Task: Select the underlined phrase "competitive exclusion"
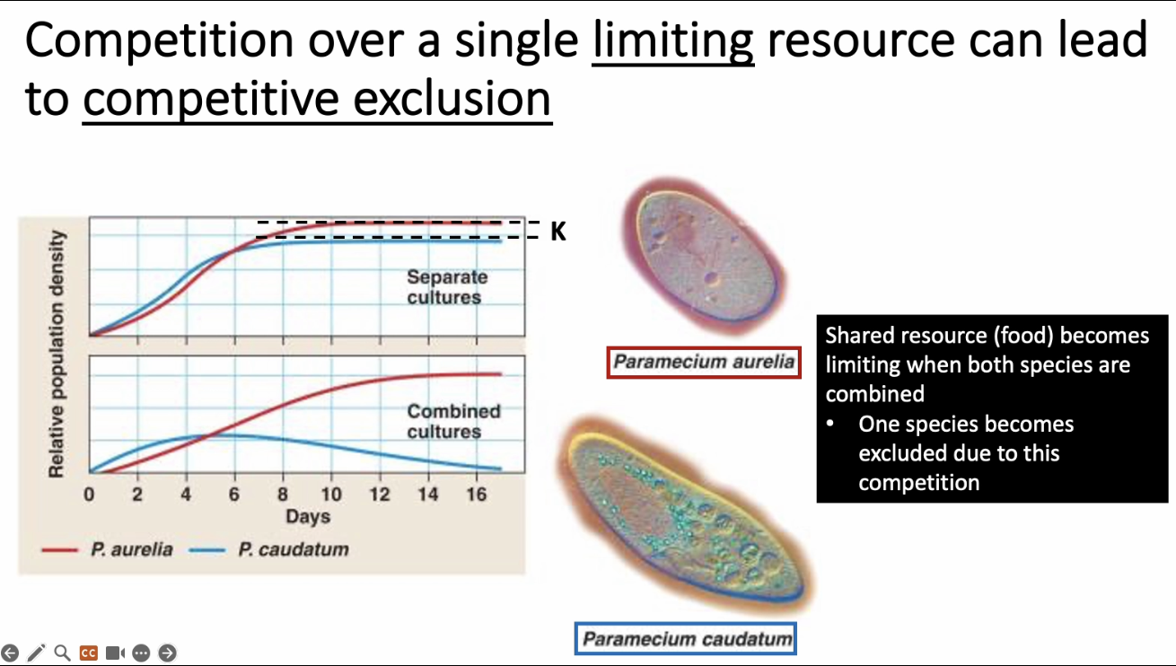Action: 317,99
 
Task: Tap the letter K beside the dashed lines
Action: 558,232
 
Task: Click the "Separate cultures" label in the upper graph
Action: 446,286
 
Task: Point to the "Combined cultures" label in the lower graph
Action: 453,421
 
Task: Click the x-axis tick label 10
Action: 331,495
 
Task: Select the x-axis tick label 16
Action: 477,495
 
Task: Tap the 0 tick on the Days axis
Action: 89,495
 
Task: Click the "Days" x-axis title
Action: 308,517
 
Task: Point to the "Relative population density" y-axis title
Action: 56,354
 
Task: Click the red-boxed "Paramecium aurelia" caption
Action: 703,363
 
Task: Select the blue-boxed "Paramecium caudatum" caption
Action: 686,639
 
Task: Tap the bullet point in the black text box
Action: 830,424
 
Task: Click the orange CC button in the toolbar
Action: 88,653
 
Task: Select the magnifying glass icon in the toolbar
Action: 62,653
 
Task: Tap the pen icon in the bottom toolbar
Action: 36,653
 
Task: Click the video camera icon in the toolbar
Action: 115,653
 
